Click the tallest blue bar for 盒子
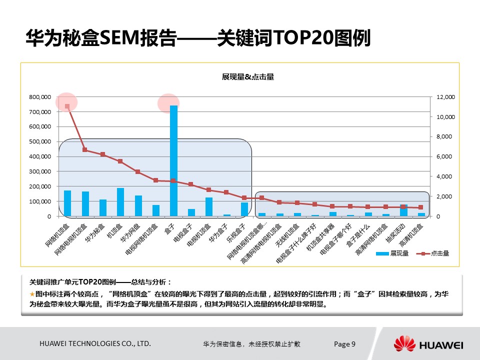click(173, 160)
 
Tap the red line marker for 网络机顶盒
click(67, 106)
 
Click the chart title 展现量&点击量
click(248, 76)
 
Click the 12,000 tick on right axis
click(445, 97)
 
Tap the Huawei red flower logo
click(404, 344)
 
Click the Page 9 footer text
click(344, 344)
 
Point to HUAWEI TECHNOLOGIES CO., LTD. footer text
click(95, 344)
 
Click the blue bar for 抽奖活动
click(403, 210)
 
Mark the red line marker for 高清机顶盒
click(421, 207)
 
